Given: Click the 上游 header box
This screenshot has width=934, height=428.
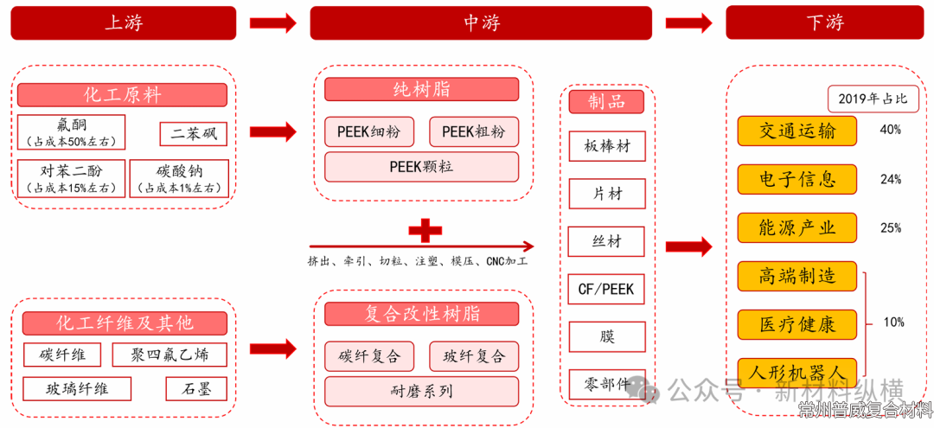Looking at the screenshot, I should pyautogui.click(x=123, y=22).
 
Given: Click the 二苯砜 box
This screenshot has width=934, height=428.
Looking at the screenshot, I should pyautogui.click(x=194, y=133).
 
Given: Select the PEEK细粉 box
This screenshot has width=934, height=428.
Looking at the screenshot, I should pyautogui.click(x=369, y=131).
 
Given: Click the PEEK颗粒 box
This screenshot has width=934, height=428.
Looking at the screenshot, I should pyautogui.click(x=421, y=167).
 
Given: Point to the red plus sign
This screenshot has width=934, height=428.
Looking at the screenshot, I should pyautogui.click(x=425, y=230).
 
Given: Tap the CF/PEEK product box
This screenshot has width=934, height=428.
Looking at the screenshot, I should pyautogui.click(x=606, y=288).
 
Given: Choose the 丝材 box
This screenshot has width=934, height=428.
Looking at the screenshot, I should pyautogui.click(x=606, y=241).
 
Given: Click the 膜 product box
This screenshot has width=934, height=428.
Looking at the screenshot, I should pyautogui.click(x=606, y=335).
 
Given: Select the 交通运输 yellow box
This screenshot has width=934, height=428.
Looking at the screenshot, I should pyautogui.click(x=796, y=131).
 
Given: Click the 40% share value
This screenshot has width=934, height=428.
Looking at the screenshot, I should pyautogui.click(x=890, y=130).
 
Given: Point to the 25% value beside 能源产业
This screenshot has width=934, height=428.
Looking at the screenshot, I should pyautogui.click(x=890, y=228).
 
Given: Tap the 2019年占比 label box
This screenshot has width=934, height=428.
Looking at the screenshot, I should pyautogui.click(x=873, y=99).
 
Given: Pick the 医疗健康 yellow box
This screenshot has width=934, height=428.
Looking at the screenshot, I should pyautogui.click(x=796, y=324).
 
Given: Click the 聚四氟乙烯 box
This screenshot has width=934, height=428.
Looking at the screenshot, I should pyautogui.click(x=170, y=355).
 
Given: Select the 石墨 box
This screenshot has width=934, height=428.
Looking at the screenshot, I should pyautogui.click(x=196, y=389).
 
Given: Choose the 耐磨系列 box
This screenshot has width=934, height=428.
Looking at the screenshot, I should pyautogui.click(x=421, y=390).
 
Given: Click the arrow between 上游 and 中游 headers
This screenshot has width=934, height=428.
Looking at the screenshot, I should pyautogui.click(x=272, y=23).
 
